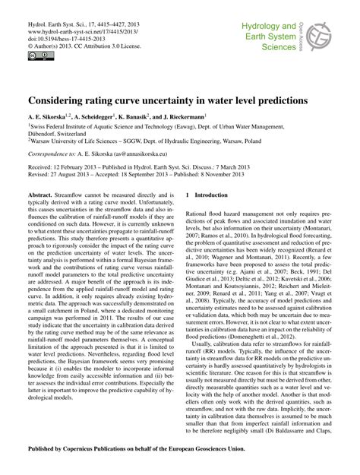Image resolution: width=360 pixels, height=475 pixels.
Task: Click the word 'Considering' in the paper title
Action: click(x=59, y=100)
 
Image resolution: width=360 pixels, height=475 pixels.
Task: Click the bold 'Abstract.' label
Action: click(x=43, y=195)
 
